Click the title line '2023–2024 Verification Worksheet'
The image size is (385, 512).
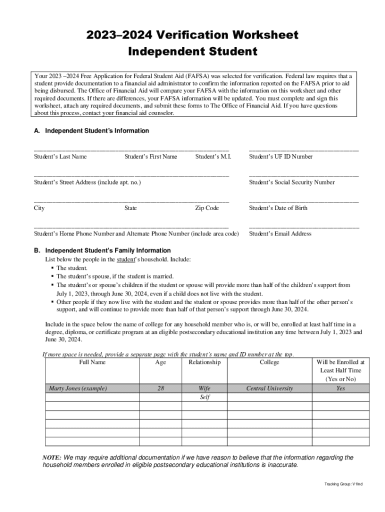(192, 35)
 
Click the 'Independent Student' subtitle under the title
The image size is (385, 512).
(192, 51)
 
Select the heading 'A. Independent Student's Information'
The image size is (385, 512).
(91, 130)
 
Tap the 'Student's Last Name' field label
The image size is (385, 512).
(60, 156)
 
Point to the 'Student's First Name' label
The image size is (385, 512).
(150, 156)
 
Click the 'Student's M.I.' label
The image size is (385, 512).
(213, 156)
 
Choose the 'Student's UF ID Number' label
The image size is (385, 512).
(280, 156)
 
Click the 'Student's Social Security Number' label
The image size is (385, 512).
(291, 182)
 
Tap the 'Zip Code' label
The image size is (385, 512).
(206, 208)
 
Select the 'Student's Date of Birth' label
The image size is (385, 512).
(278, 208)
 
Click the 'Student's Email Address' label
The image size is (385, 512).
(280, 233)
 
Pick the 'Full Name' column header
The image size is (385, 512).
(92, 362)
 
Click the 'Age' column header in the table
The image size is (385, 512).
(160, 362)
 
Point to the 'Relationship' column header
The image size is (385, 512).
(204, 362)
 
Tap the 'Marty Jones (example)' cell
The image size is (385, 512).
(77, 388)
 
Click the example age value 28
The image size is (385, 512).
(160, 388)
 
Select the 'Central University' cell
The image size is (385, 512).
(269, 388)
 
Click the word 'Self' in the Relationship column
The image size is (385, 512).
(204, 397)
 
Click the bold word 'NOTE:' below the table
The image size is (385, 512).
(52, 457)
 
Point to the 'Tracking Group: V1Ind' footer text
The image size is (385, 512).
(343, 484)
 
